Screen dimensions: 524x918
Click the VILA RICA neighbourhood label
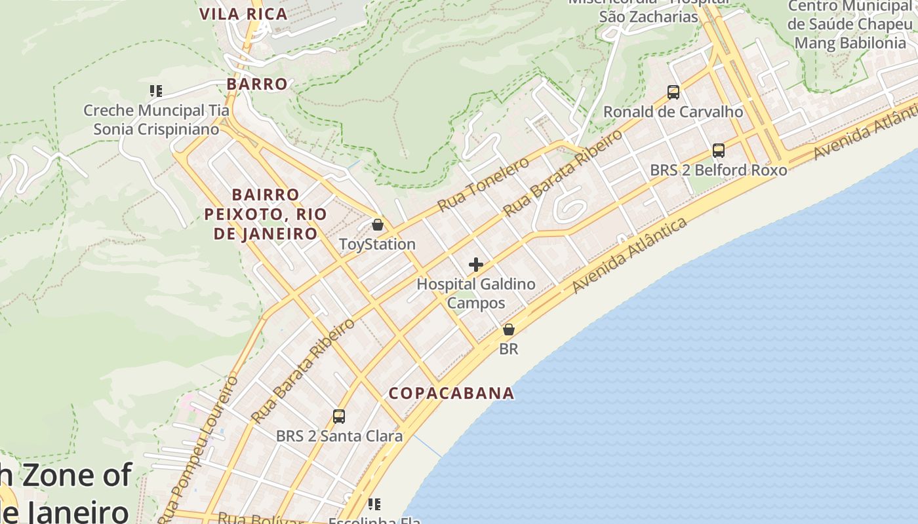(243, 14)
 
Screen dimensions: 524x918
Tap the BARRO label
(257, 84)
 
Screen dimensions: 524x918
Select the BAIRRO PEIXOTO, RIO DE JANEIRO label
(266, 214)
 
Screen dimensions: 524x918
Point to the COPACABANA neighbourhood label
(451, 393)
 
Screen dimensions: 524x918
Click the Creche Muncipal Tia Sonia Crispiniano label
(156, 119)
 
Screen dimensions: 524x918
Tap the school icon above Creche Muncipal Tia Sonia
(155, 91)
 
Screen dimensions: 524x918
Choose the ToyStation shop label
(377, 244)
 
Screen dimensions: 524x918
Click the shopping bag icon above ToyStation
(377, 225)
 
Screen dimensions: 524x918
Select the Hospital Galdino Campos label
(476, 293)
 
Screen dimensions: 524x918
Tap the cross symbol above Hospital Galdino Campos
(476, 265)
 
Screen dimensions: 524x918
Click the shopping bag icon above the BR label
(509, 329)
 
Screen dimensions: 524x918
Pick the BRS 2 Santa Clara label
(339, 436)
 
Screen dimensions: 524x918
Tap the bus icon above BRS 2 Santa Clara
(339, 416)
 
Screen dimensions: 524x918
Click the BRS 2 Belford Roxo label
(718, 170)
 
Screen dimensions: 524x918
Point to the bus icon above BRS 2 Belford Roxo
(719, 151)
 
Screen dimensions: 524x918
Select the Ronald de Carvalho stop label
(673, 112)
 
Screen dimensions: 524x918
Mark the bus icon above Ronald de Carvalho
(673, 92)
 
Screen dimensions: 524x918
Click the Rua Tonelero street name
(483, 185)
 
